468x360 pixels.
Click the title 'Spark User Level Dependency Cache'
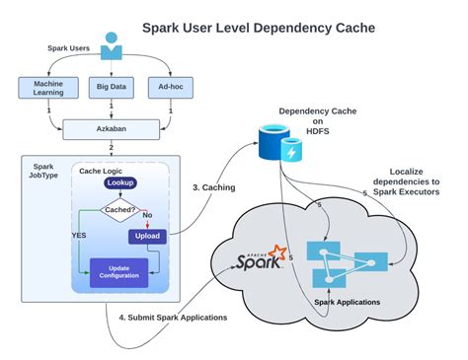click(259, 28)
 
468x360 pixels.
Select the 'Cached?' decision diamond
click(121, 208)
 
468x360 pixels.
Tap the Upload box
click(147, 237)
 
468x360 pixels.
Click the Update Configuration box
click(121, 271)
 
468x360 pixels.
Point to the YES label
click(79, 237)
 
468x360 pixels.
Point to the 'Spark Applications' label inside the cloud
click(347, 301)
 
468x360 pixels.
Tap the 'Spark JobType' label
click(43, 175)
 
